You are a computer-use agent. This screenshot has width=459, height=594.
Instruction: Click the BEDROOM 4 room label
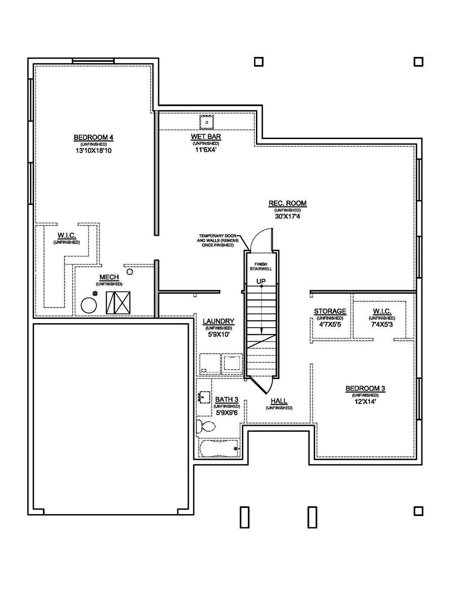[93, 137]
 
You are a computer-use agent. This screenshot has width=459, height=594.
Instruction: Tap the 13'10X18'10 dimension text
[93, 151]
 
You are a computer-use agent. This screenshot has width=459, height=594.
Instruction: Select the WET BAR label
[206, 137]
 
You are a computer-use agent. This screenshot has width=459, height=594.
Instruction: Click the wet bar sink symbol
[206, 122]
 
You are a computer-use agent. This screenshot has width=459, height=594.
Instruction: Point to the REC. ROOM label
[287, 204]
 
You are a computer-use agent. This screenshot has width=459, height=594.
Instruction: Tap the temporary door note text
[217, 241]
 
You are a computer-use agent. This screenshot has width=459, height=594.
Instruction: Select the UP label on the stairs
[261, 281]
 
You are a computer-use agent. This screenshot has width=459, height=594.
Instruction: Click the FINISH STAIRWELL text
[261, 266]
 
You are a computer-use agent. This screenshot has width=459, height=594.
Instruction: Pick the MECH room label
[109, 278]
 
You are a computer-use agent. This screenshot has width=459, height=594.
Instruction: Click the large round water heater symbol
[89, 306]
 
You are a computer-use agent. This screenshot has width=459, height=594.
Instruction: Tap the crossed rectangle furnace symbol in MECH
[118, 303]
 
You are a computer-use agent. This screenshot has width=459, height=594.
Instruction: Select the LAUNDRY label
[218, 321]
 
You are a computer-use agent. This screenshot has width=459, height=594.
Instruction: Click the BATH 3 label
[226, 399]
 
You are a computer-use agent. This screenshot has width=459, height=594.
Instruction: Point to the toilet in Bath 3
[206, 426]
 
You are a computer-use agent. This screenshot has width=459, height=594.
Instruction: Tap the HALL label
[279, 402]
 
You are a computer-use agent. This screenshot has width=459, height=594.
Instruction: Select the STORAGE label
[329, 312]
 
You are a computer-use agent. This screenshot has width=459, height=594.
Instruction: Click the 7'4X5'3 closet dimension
[382, 324]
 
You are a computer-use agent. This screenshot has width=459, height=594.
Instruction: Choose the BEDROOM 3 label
[365, 389]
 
